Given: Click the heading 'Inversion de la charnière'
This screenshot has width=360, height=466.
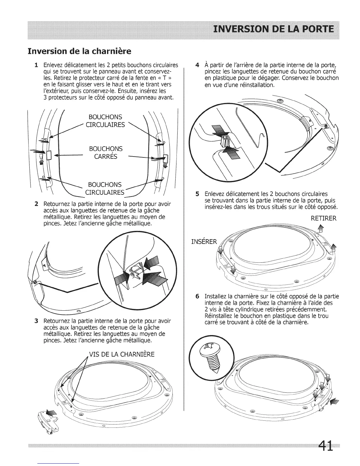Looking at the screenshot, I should (79, 51).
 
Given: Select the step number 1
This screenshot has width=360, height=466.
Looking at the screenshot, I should (36, 65).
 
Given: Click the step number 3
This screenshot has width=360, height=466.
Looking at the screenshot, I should (36, 321).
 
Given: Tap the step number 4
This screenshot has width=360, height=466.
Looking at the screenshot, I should (197, 65).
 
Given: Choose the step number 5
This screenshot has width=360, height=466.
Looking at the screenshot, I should (197, 194).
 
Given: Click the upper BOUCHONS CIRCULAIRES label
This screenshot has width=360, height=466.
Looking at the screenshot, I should (105, 121).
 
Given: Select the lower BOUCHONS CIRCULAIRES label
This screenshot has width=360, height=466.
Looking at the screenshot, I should (105, 189).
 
